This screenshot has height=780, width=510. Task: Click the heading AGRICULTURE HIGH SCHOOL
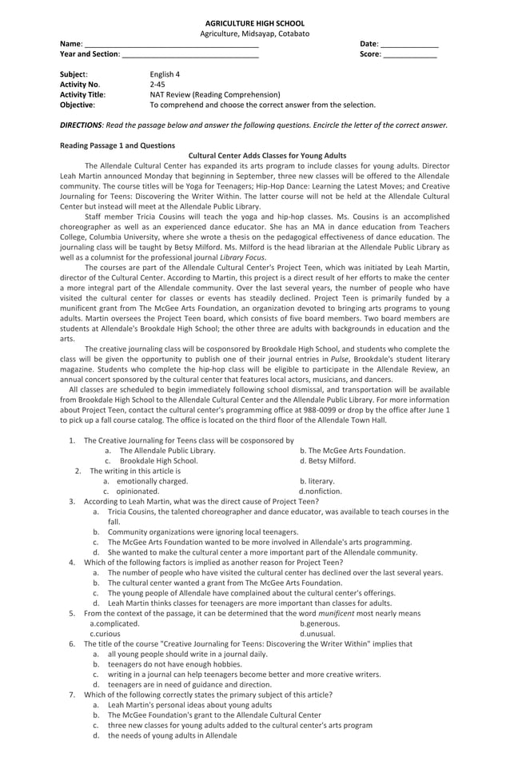[x=254, y=23]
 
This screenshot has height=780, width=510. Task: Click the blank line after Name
[x=171, y=44]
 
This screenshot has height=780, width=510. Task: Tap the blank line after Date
[x=408, y=44]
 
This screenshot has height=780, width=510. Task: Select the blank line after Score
[x=409, y=54]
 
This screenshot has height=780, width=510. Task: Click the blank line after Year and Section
[x=190, y=54]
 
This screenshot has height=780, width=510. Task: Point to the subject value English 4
[x=165, y=74]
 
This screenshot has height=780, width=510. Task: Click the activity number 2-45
[x=157, y=84]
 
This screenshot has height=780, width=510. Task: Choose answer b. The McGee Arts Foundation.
[x=352, y=451]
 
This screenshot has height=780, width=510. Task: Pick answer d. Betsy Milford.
[x=327, y=461]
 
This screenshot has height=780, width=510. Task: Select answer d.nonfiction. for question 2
[x=321, y=491]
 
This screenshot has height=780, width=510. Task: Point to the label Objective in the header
[x=78, y=105]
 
